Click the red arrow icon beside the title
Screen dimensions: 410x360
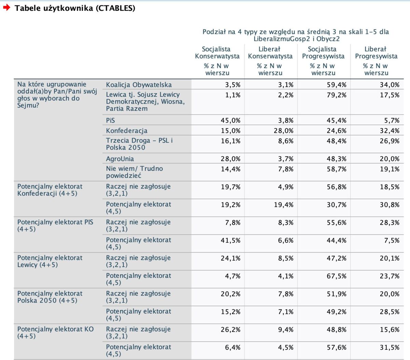[7, 8]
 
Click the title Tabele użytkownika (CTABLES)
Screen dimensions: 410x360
[75, 8]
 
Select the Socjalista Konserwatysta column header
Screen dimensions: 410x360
[217, 53]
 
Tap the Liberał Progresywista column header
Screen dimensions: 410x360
[376, 53]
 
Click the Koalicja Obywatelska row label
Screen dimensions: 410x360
[139, 85]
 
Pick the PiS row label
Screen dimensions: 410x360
[110, 121]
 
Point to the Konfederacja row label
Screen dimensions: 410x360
[127, 131]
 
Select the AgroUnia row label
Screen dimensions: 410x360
[120, 159]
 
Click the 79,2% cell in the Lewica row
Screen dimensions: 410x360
[337, 95]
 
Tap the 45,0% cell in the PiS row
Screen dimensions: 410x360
[231, 121]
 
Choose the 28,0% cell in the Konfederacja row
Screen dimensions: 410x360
[284, 131]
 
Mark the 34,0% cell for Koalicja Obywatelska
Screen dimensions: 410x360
[389, 85]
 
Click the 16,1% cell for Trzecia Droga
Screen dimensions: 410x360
[231, 141]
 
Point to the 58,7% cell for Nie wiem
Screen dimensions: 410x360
[337, 169]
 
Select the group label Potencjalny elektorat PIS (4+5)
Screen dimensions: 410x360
[55, 226]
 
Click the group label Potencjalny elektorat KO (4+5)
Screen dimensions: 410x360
[55, 332]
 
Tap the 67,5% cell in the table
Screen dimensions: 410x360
[337, 276]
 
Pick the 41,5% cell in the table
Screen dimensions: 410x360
[231, 240]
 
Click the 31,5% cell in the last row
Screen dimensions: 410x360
[389, 347]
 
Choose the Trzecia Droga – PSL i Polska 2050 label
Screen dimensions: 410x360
[139, 144]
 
